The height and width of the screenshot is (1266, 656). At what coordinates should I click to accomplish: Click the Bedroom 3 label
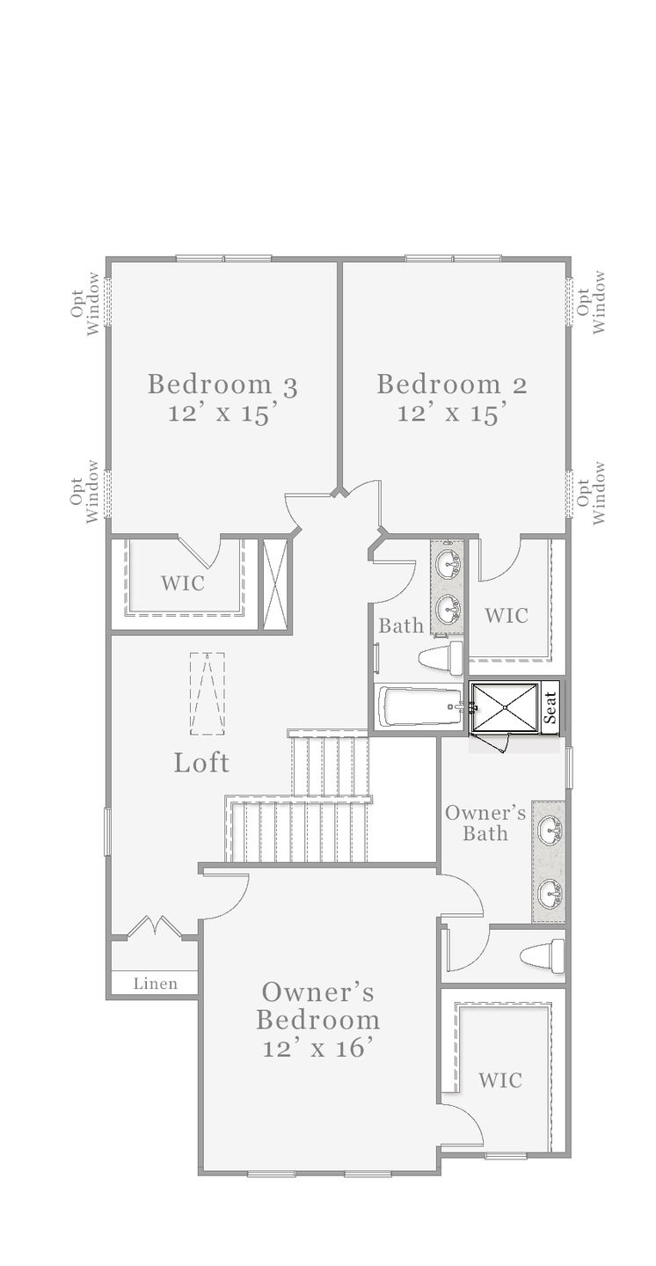tap(222, 384)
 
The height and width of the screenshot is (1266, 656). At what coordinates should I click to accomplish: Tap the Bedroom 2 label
tap(451, 384)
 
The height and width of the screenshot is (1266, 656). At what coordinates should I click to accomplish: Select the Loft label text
tap(201, 763)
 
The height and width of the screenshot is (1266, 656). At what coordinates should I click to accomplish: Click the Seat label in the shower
tap(550, 707)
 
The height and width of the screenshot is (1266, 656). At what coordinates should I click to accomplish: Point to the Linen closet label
tap(156, 984)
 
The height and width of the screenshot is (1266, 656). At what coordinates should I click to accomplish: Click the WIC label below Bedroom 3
tap(183, 583)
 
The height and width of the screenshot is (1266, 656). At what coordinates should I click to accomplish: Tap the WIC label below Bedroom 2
tap(507, 616)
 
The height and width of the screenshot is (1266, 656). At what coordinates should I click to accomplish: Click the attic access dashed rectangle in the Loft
tap(207, 693)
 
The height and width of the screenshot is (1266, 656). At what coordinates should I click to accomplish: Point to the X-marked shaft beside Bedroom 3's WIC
tap(276, 583)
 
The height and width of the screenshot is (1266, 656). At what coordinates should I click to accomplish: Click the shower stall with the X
tap(505, 708)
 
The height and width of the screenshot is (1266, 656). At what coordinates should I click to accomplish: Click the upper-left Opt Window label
tap(86, 304)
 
